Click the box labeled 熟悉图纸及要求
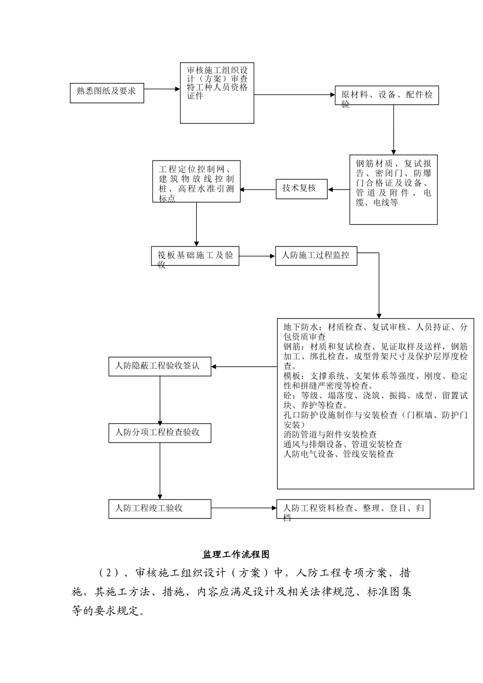point(107,92)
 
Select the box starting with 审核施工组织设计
point(217,92)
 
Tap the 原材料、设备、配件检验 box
point(386,95)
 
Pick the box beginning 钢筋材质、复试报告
point(394,190)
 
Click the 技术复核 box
point(301,189)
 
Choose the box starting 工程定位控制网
point(196,181)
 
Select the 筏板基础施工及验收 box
point(195,256)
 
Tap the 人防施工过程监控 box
point(316,256)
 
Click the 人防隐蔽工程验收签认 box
point(160,366)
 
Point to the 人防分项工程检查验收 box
point(160,433)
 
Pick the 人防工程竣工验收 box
point(160,508)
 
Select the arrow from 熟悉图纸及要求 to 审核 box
point(162,89)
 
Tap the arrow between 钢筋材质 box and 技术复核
point(339,190)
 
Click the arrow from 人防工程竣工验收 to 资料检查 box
point(244,508)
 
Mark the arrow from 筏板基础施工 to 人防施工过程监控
point(257,256)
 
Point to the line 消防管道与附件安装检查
point(330,434)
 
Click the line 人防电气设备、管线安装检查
point(339,454)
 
